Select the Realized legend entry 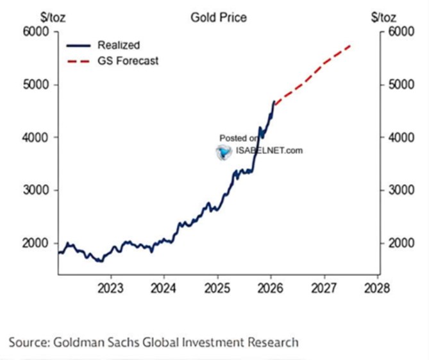118,45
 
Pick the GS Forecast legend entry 128,61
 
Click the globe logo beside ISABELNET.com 224,151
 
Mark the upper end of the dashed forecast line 350,46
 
